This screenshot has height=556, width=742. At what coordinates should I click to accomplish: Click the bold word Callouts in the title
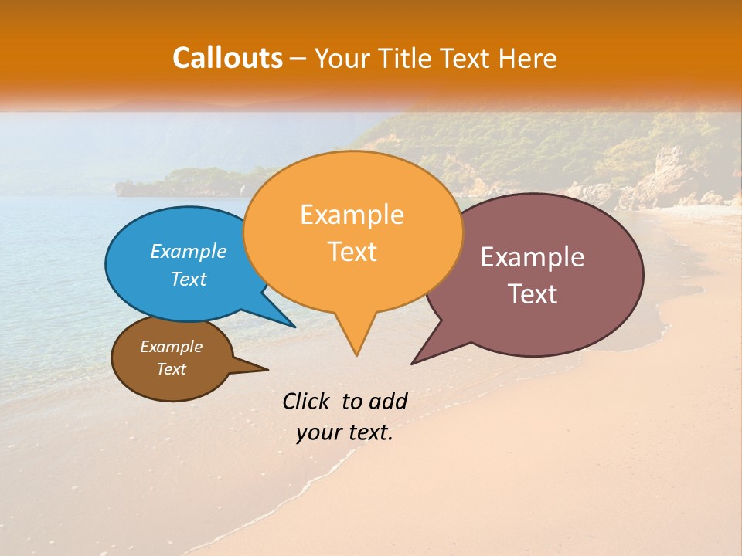click(x=227, y=58)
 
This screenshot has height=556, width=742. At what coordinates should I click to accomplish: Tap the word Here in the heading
click(x=528, y=58)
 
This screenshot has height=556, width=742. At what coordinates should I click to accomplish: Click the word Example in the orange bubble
click(x=352, y=215)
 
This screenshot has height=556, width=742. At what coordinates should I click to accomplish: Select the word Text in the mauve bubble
click(x=532, y=294)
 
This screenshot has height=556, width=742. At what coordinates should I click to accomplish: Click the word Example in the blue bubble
click(x=189, y=251)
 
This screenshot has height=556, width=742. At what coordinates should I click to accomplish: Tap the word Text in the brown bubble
click(x=171, y=369)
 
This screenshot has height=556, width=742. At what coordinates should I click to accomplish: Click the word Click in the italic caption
click(x=306, y=401)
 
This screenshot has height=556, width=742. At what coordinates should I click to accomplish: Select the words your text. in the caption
click(x=345, y=433)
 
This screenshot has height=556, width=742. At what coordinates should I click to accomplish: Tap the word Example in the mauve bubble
click(x=532, y=257)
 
